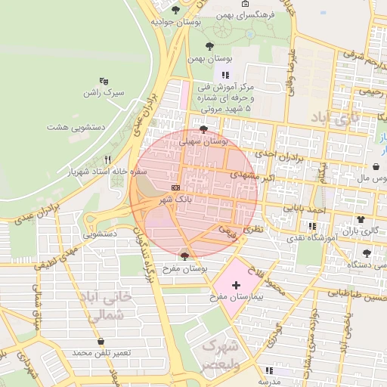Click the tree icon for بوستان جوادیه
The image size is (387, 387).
pyautogui.click(x=176, y=10)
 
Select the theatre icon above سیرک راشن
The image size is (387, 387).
pyautogui.click(x=104, y=80)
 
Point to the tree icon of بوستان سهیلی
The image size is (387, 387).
pyautogui.click(x=203, y=129)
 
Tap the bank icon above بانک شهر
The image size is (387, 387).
pyautogui.click(x=175, y=187)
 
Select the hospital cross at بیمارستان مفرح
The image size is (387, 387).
pyautogui.click(x=237, y=286)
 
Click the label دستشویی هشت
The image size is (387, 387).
pyautogui.click(x=78, y=128)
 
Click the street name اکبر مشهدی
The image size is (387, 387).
pyautogui.click(x=234, y=175)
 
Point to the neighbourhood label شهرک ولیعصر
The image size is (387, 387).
pyautogui.click(x=219, y=354)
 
